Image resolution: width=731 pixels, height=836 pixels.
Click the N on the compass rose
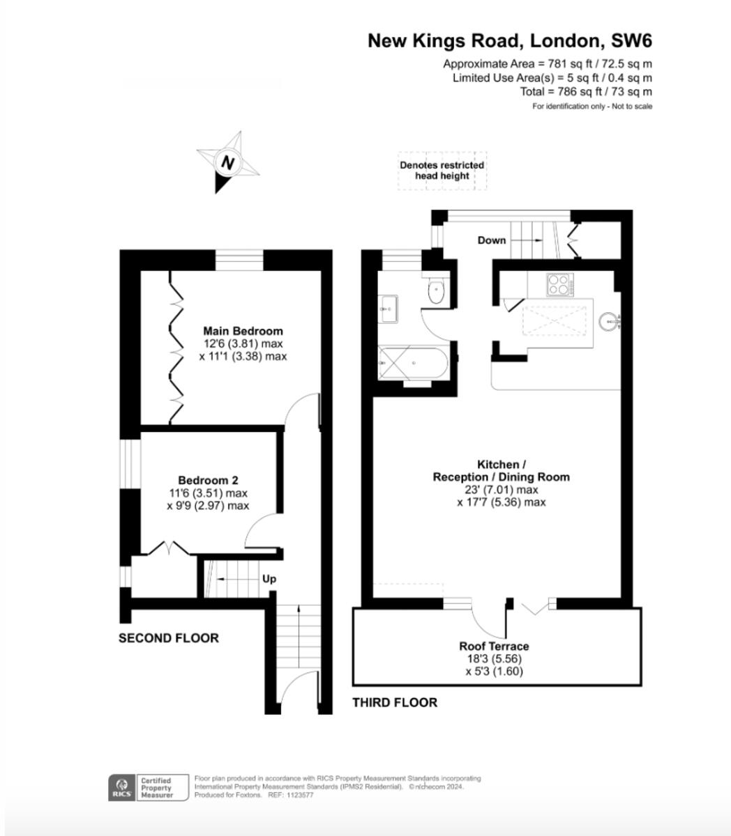[x=227, y=163]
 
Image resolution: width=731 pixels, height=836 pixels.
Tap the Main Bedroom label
[x=243, y=331]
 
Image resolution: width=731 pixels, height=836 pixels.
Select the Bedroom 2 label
[x=208, y=480]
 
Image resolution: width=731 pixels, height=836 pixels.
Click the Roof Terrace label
[x=494, y=647]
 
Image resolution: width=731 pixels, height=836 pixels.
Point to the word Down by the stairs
[x=492, y=240]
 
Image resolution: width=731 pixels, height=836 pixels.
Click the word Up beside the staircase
[x=269, y=579]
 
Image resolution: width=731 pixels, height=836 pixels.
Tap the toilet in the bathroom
[x=437, y=292]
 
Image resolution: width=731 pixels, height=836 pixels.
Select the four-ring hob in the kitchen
[x=558, y=284]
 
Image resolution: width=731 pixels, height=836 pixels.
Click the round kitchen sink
[x=609, y=321]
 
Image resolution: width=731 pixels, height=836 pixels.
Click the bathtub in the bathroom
[x=412, y=363]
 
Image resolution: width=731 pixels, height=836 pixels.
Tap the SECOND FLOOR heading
[x=168, y=638]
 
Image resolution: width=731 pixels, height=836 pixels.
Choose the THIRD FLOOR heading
[x=395, y=702]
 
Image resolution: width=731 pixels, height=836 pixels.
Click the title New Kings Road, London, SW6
[x=510, y=41]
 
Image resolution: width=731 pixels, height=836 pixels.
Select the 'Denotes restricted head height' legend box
[x=442, y=171]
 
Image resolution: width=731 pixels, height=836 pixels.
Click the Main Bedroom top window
[x=239, y=260]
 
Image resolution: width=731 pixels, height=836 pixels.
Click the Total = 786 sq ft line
[x=586, y=91]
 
